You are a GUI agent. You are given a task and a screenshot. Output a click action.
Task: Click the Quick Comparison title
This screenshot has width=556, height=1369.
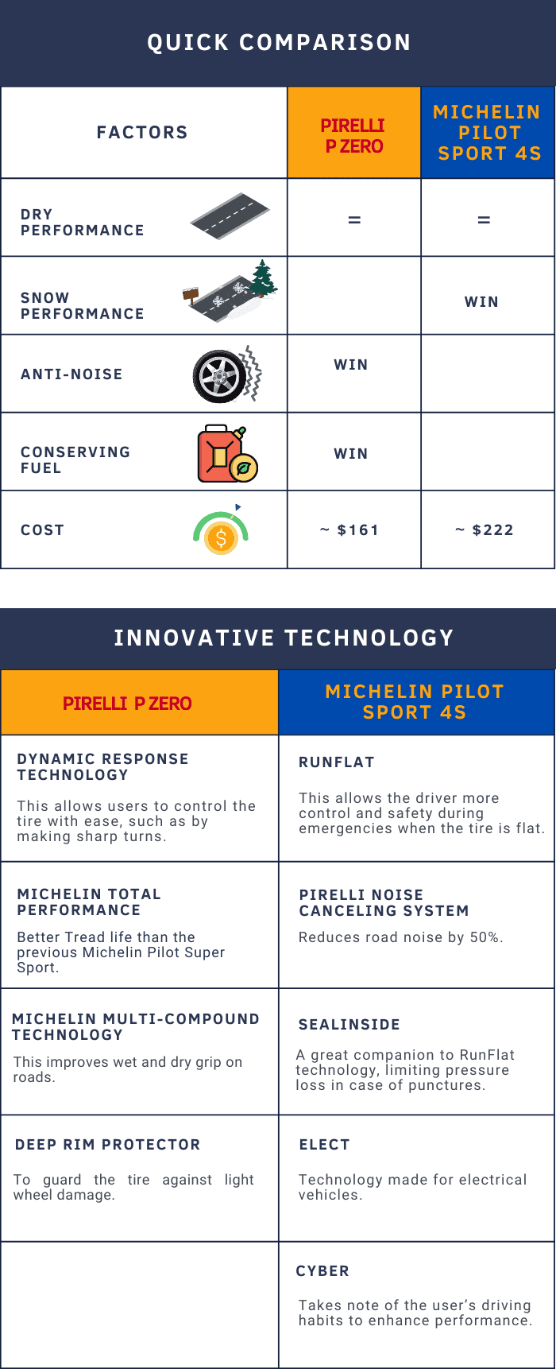pos(279,42)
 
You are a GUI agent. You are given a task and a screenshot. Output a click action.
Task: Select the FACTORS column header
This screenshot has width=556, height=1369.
pos(142,132)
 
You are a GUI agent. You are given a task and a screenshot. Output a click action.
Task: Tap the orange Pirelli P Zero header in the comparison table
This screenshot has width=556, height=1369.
pos(354,133)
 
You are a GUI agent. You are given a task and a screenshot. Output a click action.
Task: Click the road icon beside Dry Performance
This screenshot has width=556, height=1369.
pos(230,216)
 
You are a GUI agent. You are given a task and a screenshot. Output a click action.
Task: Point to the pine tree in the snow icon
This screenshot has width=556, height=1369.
pos(263,277)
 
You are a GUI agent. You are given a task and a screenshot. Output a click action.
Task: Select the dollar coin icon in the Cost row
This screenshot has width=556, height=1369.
pos(221,538)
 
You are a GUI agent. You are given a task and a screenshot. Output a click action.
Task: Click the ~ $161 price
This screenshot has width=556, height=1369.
pos(349,530)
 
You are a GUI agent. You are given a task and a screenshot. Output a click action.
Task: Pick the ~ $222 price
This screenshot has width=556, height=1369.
pos(485,530)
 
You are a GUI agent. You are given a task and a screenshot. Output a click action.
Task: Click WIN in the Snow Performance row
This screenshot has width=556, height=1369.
pos(481,302)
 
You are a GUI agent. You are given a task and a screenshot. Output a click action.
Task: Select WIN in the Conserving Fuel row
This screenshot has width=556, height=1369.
pos(351,454)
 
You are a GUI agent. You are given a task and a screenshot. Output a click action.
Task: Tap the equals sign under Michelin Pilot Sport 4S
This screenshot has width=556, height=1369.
pos(484,220)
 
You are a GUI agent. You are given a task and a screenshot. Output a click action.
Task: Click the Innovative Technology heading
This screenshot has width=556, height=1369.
pos(284,638)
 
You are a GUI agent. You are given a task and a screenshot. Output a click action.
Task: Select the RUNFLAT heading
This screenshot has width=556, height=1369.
pos(337,762)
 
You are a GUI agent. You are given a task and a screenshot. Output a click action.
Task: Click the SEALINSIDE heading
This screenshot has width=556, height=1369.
pos(349,1025)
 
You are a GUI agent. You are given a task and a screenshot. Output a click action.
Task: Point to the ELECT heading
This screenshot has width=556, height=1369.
pos(324,1145)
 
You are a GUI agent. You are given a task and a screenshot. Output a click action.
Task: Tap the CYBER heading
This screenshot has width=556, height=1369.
pos(322,1271)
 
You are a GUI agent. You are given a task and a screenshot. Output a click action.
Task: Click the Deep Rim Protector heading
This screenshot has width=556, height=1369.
pos(108,1145)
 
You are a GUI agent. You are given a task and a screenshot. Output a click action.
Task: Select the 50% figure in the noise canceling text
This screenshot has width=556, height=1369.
pos(485,937)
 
